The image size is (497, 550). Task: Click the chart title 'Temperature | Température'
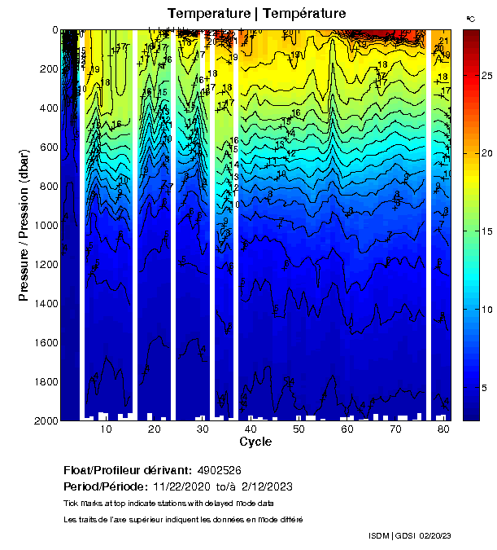[256, 13]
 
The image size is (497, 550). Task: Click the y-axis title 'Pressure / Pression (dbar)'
[24, 225]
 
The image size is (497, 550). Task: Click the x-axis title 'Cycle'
[255, 442]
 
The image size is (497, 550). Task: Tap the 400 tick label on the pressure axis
[47, 108]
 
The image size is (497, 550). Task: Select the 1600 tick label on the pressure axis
[44, 342]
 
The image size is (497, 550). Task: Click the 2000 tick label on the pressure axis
[44, 420]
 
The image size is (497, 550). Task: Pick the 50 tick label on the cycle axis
[299, 429]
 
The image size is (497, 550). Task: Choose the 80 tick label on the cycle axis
[443, 429]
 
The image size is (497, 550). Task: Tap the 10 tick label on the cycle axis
[106, 429]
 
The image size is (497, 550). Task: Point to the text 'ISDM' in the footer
[380, 535]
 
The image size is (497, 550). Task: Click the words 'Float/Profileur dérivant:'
[128, 471]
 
